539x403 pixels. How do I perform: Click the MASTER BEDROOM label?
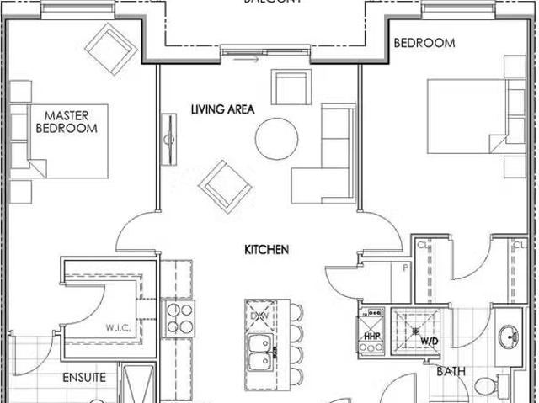66,121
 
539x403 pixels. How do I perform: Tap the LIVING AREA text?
222,109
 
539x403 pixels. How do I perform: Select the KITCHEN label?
267,249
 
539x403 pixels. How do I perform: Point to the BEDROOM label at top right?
424,43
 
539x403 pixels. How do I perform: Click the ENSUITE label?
84,378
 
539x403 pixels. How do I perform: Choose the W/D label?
430,342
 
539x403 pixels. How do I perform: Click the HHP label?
371,337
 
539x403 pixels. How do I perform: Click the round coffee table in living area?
276,138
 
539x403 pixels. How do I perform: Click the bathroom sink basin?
509,338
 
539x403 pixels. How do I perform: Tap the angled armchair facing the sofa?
225,185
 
